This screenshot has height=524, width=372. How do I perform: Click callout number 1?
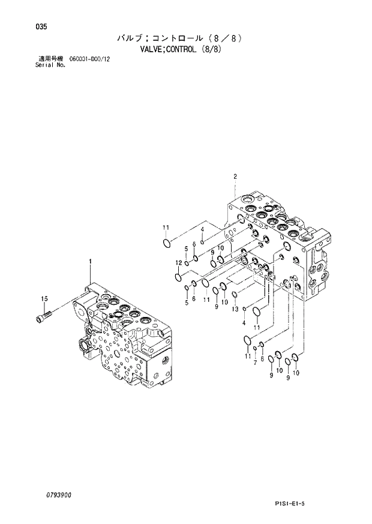tap(90, 261)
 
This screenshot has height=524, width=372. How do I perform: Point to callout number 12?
tap(178, 263)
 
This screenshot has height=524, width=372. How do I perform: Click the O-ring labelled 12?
tap(178, 277)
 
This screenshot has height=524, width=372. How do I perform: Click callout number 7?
tap(255, 363)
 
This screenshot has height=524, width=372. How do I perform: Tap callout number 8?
tap(262, 358)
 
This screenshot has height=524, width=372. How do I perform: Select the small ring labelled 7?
tap(255, 349)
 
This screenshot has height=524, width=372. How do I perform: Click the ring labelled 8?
tap(262, 346)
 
